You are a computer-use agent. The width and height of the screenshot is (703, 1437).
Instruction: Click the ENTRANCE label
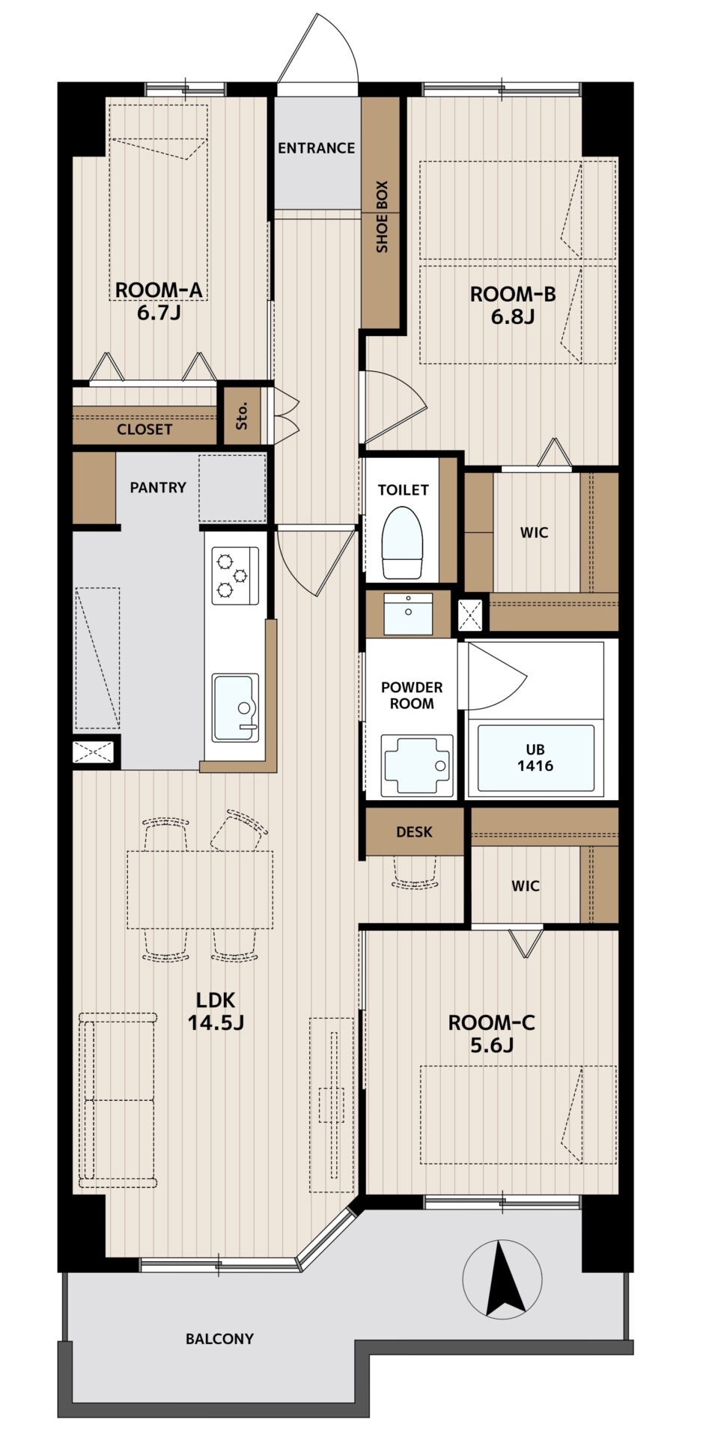[316, 148]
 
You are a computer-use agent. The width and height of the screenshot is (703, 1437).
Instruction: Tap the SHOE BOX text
[382, 216]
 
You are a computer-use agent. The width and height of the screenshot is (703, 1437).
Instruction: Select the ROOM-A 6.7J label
[159, 301]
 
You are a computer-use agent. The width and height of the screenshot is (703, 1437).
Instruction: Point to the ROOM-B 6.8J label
[513, 305]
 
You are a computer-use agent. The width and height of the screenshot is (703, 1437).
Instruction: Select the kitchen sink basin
[235, 707]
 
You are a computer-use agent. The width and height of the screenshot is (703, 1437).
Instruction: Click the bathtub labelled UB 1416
[535, 757]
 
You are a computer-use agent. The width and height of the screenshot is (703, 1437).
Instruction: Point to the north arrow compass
[502, 1279]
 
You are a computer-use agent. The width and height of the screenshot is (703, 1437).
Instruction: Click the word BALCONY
[219, 1338]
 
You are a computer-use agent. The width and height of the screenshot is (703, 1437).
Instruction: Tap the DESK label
[414, 832]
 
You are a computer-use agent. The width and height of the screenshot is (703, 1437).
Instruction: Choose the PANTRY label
[158, 487]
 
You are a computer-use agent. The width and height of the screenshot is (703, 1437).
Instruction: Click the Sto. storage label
[242, 415]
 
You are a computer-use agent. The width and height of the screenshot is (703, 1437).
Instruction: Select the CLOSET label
[144, 430]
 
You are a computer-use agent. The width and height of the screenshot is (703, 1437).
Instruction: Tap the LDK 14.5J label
[216, 1010]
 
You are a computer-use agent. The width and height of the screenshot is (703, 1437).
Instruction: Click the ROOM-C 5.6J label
[492, 1034]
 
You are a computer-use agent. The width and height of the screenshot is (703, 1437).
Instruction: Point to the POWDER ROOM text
[412, 695]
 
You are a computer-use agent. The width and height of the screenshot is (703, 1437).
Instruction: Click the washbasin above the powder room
[408, 613]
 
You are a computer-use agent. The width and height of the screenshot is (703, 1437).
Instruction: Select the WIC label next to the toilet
[535, 533]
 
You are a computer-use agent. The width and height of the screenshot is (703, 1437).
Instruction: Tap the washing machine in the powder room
[417, 765]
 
